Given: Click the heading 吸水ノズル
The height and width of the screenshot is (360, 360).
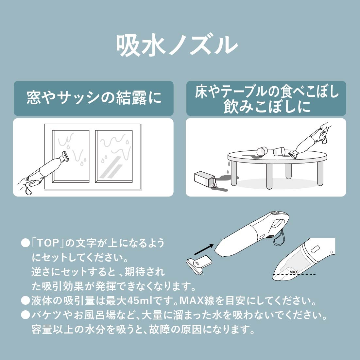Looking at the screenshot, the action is click(x=177, y=46).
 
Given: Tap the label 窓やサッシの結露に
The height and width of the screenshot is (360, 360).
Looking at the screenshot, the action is click(x=94, y=98).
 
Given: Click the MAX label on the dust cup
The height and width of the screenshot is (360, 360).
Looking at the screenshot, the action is click(x=293, y=272).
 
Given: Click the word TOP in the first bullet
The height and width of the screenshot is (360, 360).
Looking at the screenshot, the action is click(x=48, y=243).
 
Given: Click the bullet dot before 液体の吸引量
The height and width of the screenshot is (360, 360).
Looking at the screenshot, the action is click(x=25, y=300).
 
